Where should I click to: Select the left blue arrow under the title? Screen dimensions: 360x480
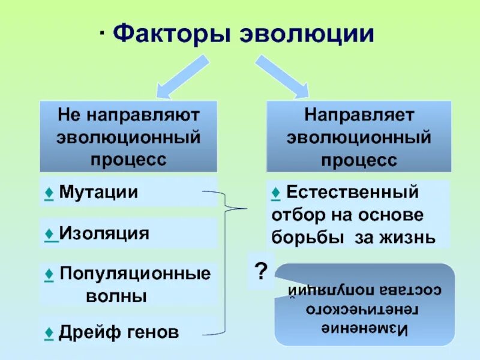[x=183, y=76]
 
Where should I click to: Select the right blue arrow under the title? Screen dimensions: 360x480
[x=281, y=76]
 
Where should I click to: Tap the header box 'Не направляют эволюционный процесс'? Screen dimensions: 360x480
[x=128, y=136]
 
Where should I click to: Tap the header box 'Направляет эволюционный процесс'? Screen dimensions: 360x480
[x=359, y=136]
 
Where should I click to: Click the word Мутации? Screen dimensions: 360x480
[x=98, y=193]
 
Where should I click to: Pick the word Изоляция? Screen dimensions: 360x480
[x=104, y=233]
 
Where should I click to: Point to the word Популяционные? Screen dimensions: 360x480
[x=135, y=274]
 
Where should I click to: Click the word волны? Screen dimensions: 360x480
[x=116, y=296]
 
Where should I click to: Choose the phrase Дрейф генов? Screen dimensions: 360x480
[x=119, y=332]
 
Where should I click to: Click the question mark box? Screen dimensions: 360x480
[x=260, y=272]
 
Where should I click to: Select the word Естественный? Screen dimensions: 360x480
[x=352, y=193]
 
